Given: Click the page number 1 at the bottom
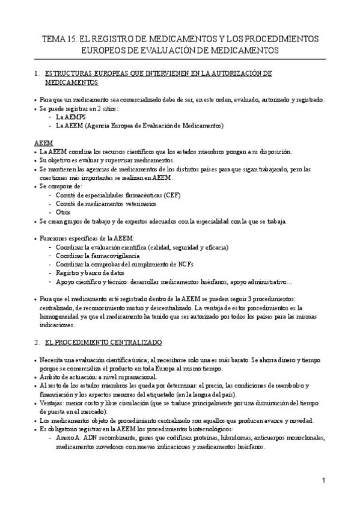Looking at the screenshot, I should (323, 481).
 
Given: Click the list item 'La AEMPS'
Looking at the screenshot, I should (71, 117).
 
